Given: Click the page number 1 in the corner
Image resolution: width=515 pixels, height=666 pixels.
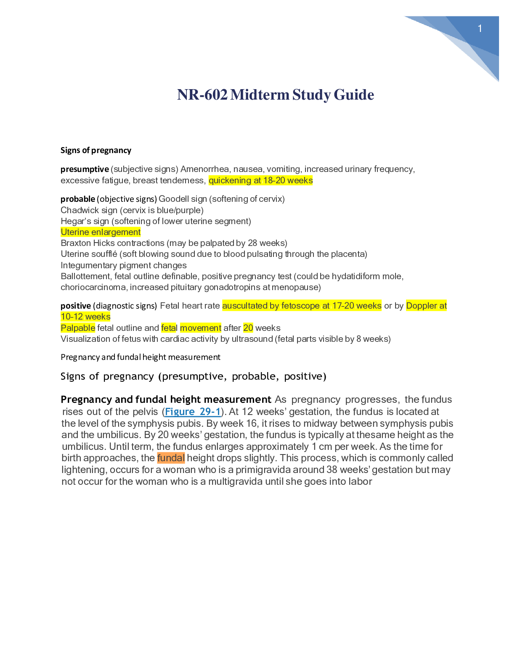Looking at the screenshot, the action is pos(480,29).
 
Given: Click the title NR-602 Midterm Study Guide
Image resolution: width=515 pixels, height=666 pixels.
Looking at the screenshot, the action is pos(276,95).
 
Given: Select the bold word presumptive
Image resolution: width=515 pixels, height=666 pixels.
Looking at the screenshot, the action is pos(85,169).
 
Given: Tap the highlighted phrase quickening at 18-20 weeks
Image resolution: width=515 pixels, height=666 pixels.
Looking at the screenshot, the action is pos(260,180).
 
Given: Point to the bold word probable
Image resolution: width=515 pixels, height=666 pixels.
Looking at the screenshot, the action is pos(77,199).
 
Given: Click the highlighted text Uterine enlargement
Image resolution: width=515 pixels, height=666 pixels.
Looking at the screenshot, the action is pos(101,232).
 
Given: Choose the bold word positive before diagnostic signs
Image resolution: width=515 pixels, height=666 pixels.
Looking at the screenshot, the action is pos(76,306).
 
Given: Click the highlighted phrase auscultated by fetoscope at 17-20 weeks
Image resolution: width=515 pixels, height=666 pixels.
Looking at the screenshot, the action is pos(302,306).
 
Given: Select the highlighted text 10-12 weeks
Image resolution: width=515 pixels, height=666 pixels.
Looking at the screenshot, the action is pos(85,317).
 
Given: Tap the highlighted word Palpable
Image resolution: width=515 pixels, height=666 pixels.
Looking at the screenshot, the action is pos(78,328).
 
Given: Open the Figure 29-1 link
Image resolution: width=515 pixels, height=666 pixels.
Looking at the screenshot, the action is pos(193,412).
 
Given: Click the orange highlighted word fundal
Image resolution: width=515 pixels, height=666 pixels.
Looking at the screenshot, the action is pos(171,458).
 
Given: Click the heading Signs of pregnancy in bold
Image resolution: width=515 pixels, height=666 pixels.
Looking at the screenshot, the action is pos(96,150).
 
